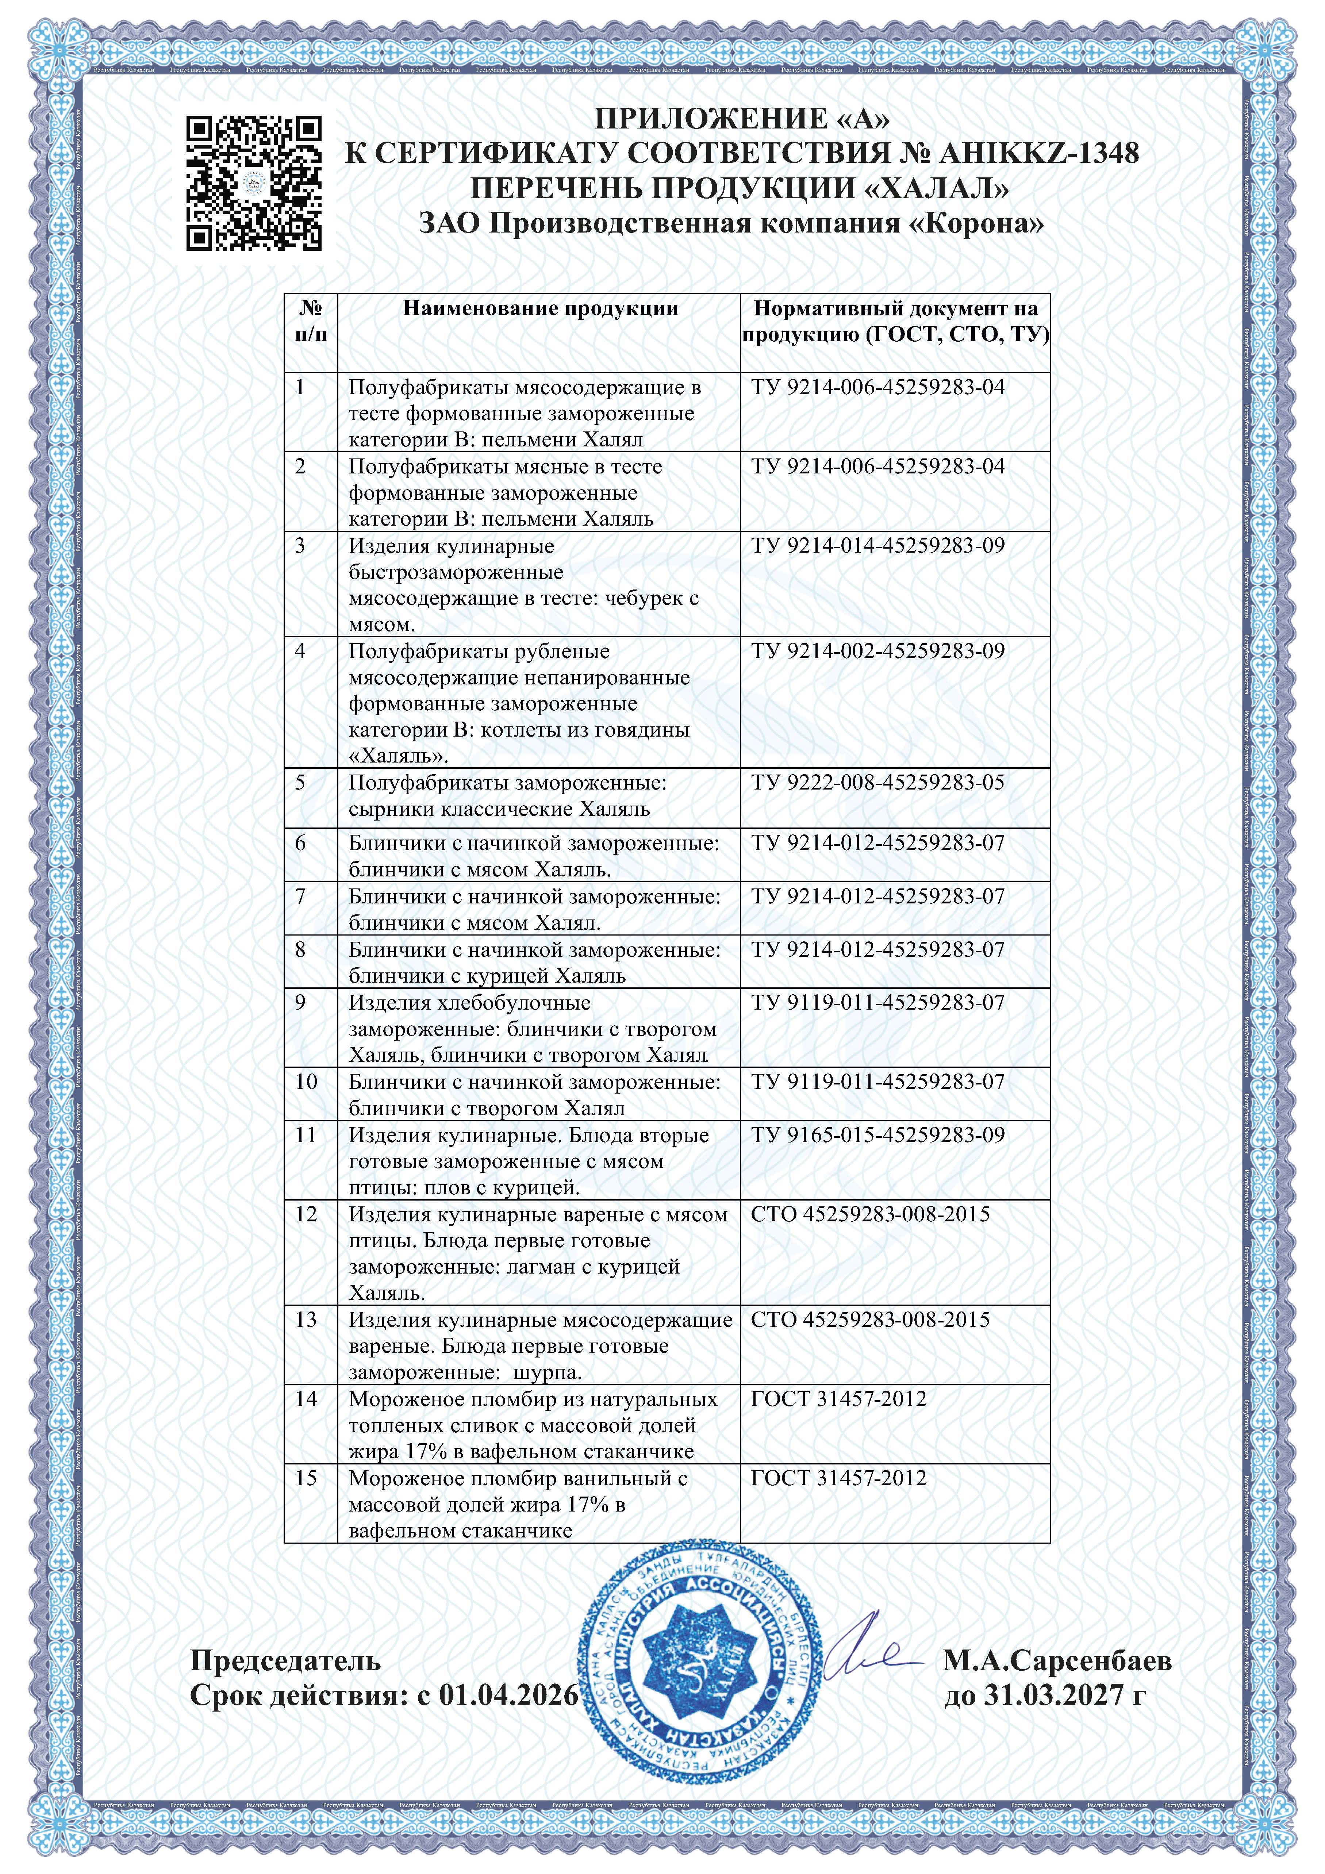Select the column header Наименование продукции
(x=541, y=308)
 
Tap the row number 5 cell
(x=300, y=783)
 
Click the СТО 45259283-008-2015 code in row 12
(x=870, y=1214)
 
